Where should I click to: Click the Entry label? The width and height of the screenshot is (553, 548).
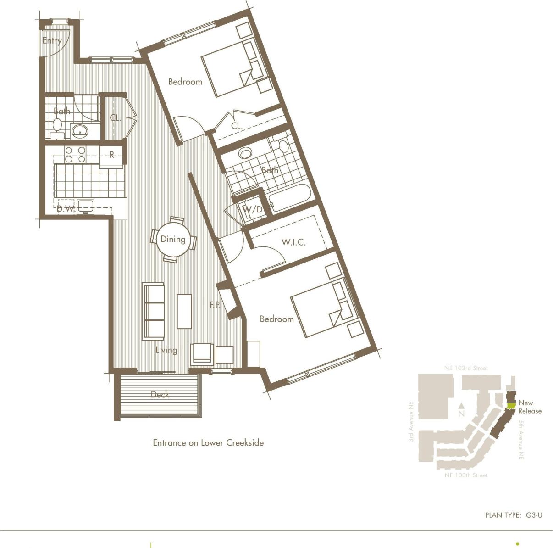tap(52, 40)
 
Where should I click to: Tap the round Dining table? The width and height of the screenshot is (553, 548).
tap(173, 239)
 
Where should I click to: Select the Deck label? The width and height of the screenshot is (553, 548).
tap(160, 394)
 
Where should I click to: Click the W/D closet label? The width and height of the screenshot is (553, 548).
tap(253, 210)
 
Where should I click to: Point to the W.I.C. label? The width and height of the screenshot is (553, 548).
tap(293, 242)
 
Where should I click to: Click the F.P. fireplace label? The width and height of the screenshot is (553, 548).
tap(216, 304)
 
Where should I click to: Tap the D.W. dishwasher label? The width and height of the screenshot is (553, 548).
tap(66, 209)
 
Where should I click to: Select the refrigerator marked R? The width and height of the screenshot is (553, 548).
tap(111, 155)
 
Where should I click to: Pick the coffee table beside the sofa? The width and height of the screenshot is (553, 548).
tap(184, 311)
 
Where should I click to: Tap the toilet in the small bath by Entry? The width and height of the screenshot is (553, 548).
tap(57, 125)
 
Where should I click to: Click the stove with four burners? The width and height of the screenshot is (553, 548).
tap(75, 154)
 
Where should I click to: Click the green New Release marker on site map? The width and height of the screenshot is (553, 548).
tap(511, 406)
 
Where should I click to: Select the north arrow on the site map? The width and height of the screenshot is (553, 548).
tap(461, 408)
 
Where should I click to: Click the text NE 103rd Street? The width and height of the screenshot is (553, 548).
tap(466, 368)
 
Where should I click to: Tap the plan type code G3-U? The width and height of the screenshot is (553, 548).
tap(534, 515)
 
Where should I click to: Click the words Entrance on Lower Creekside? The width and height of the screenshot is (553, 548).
tap(208, 443)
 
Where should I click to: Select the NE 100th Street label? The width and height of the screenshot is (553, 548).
tap(466, 475)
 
